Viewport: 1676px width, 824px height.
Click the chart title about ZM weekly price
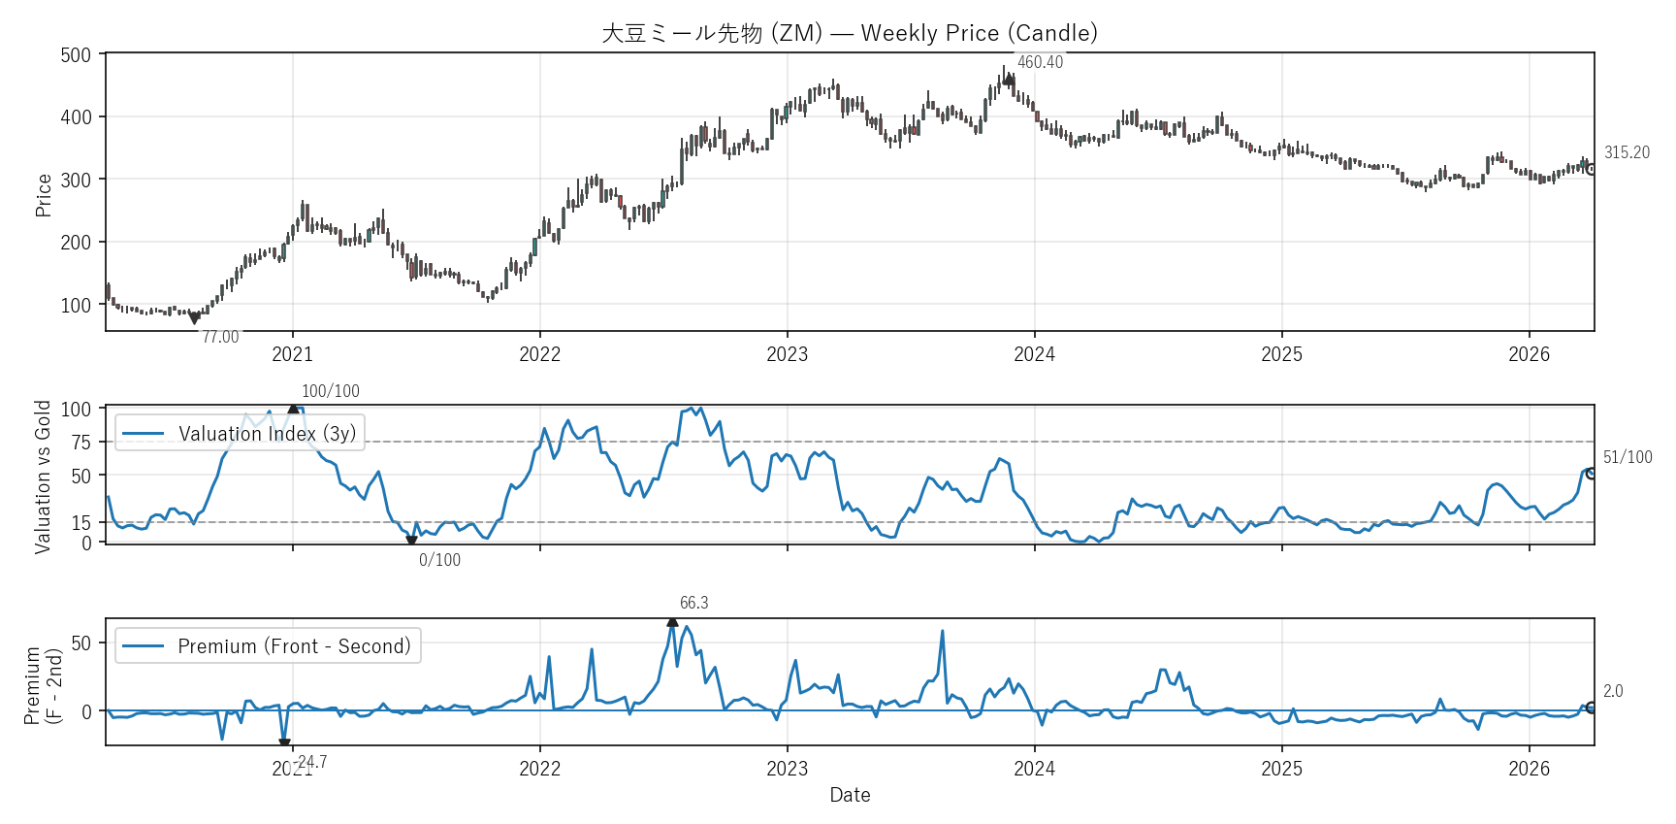tap(850, 33)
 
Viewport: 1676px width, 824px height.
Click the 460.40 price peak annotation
tap(1040, 62)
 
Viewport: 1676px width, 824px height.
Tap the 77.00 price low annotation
tap(220, 337)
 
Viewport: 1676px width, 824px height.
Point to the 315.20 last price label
tap(1627, 152)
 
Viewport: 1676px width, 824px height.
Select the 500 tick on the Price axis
tap(76, 55)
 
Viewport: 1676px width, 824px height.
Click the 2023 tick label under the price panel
tap(787, 354)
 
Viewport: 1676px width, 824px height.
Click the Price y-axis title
tap(44, 194)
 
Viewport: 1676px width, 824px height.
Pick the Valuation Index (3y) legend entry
tap(241, 433)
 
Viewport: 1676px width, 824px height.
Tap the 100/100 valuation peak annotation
tap(330, 391)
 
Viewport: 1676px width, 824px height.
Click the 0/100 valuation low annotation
tap(439, 560)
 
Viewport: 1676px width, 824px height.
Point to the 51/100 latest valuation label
tap(1628, 457)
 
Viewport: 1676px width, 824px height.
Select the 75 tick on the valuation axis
tap(81, 443)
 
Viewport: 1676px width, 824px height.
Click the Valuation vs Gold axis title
tap(43, 477)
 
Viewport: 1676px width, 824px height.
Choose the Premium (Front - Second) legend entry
tap(269, 646)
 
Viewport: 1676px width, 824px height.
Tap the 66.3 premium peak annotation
tap(693, 603)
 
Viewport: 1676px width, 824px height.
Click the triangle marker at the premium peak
tap(672, 621)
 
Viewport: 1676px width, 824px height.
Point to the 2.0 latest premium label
tap(1613, 691)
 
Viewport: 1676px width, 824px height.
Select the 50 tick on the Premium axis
tap(81, 643)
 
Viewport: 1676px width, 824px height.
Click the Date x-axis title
tap(850, 795)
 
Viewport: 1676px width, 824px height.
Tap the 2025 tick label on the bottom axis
tap(1281, 769)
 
